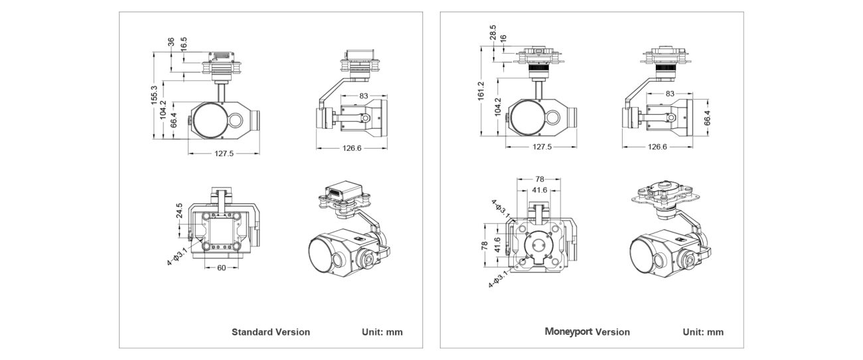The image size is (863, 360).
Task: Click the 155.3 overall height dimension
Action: pos(154,95)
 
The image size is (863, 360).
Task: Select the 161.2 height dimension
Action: pos(481,90)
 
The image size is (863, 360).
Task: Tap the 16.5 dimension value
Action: pos(184,43)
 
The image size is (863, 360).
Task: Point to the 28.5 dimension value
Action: pos(493,33)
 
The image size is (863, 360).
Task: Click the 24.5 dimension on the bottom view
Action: pos(179,211)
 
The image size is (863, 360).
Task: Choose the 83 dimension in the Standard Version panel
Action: pos(364,96)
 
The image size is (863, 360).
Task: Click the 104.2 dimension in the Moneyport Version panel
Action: pos(497,107)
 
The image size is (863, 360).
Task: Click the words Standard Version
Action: pos(270,331)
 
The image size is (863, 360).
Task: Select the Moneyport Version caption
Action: pos(587,331)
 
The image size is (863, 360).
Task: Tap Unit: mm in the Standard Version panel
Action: pos(382,331)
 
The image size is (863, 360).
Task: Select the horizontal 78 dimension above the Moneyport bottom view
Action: pos(540,179)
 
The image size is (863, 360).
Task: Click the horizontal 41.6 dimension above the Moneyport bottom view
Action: pos(540,190)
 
